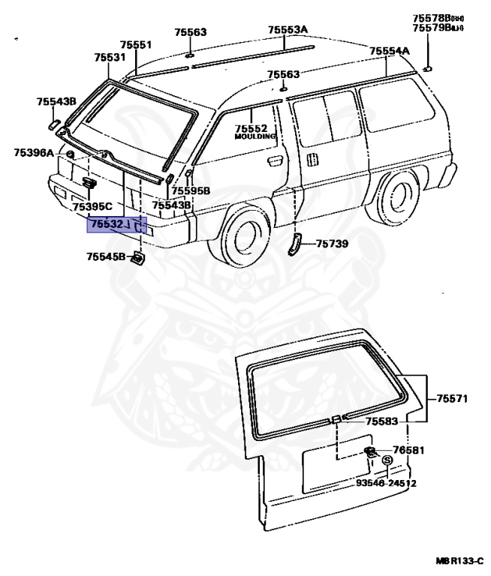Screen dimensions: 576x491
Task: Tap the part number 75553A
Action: [x=288, y=30]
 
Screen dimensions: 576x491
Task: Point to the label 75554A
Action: [x=389, y=51]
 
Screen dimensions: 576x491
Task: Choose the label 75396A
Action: [x=34, y=153]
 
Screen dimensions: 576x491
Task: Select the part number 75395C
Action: [x=92, y=206]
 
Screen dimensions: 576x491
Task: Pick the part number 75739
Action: [x=332, y=244]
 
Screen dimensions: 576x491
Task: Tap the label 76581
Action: [x=409, y=451]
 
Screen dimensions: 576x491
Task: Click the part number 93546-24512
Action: [x=386, y=484]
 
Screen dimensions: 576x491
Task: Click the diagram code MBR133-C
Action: [x=459, y=560]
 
